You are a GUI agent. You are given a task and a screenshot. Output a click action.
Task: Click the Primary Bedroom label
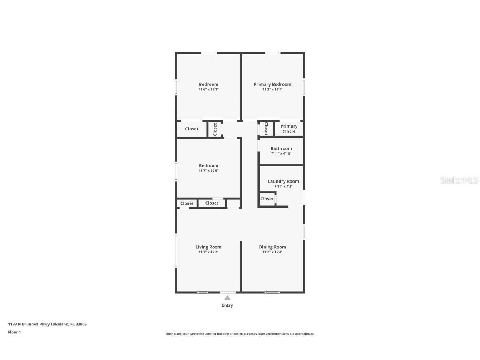point(272,84)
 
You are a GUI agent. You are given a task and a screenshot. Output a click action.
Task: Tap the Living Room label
point(208,247)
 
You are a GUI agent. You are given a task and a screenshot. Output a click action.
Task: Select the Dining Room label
point(272,247)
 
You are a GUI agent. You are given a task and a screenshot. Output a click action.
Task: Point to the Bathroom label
point(281,148)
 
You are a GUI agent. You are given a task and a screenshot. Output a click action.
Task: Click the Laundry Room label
point(283,181)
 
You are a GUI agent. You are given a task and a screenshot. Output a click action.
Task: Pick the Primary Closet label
point(289,129)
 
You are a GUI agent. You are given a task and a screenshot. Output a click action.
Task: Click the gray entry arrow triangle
point(227,297)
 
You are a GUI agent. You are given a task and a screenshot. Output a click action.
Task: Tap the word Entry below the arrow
point(227,305)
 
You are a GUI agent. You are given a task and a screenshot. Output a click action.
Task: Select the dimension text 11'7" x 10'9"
point(208,171)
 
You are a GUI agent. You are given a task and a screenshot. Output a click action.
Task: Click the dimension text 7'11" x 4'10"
point(281,153)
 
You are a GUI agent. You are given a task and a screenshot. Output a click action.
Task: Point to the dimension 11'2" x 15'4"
point(272,252)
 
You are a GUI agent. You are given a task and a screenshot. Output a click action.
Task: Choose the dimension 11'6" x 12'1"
point(208,90)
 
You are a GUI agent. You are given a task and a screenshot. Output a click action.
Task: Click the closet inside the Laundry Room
point(267,199)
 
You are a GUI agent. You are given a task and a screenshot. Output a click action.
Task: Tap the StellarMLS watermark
point(460,180)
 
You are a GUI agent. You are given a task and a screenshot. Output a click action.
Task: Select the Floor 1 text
point(14,332)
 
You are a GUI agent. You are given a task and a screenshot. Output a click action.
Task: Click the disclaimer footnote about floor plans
point(240,334)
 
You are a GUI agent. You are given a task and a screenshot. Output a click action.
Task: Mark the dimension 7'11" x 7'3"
point(283,186)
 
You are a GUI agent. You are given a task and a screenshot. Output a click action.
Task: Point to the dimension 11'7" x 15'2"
point(208,252)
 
